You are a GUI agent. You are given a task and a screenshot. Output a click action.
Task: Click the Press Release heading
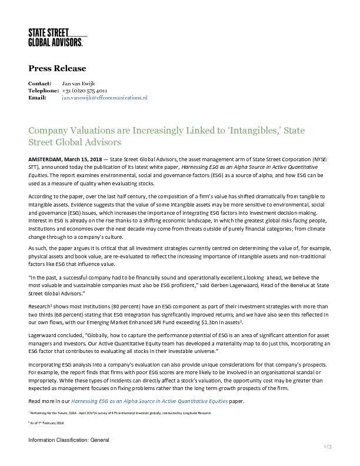[57, 68]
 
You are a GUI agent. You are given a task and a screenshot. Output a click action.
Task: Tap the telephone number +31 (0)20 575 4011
[84, 91]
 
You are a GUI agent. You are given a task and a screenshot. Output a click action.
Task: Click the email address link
[105, 98]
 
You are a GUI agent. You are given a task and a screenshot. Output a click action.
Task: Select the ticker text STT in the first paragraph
[34, 167]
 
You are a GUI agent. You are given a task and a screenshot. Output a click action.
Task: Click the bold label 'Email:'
[37, 98]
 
